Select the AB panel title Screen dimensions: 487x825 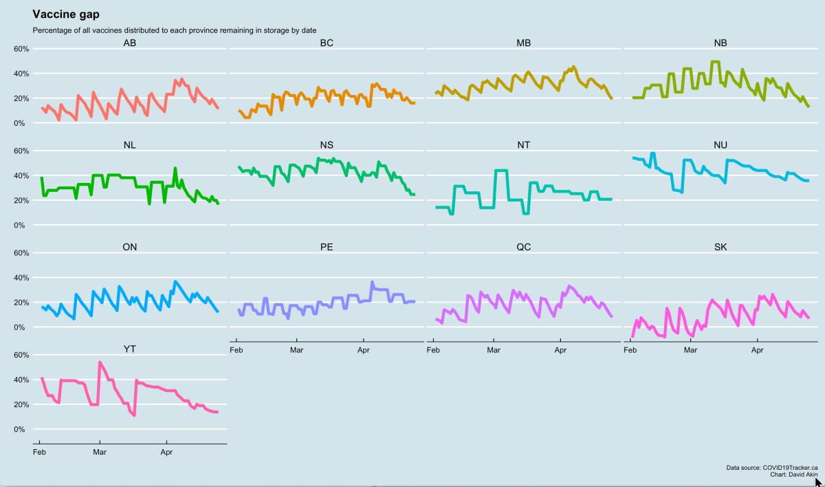(129, 43)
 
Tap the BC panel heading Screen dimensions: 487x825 (327, 43)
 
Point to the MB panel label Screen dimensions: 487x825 (523, 43)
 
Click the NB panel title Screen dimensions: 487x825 (720, 43)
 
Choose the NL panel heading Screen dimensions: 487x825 (129, 145)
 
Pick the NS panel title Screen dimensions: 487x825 (327, 145)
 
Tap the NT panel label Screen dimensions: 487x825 (523, 145)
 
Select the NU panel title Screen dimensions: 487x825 (720, 145)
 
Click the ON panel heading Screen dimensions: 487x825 (129, 247)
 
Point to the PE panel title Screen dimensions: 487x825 (327, 247)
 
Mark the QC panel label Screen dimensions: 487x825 (523, 247)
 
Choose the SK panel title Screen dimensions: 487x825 (720, 247)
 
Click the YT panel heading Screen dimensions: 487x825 (129, 349)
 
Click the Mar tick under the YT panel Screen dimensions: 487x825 (100, 453)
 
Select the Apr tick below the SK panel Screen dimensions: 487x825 (758, 350)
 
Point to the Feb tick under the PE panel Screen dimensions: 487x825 (236, 350)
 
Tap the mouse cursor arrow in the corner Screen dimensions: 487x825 (818, 481)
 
